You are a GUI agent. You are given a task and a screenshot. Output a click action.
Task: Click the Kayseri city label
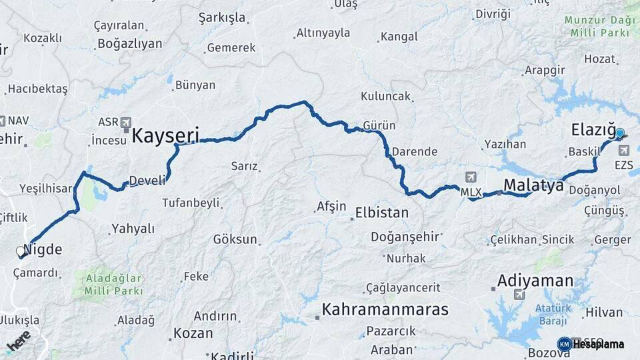coord(165,136)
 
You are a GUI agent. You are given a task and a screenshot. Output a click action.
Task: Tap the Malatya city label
coord(533,185)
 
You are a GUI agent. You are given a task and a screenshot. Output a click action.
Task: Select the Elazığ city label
coord(593,130)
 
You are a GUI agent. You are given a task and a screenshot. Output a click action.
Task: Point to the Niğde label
coord(43,251)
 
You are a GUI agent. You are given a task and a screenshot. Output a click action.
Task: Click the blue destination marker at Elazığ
coord(619,133)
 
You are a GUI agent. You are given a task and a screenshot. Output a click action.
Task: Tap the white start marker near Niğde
coord(21,252)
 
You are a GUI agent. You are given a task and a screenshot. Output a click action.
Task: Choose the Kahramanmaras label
coord(385,309)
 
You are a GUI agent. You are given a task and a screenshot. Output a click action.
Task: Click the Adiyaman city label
coord(535,280)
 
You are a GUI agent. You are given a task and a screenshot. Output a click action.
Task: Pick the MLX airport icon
coord(471,177)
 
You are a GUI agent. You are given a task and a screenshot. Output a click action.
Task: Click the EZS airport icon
coord(623,151)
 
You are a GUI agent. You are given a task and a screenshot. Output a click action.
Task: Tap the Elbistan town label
coord(382,213)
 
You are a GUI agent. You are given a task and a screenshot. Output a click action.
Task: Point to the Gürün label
coord(379,125)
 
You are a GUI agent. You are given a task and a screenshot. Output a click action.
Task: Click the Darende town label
coord(415,151)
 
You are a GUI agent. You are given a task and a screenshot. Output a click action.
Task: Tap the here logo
coord(19,343)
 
